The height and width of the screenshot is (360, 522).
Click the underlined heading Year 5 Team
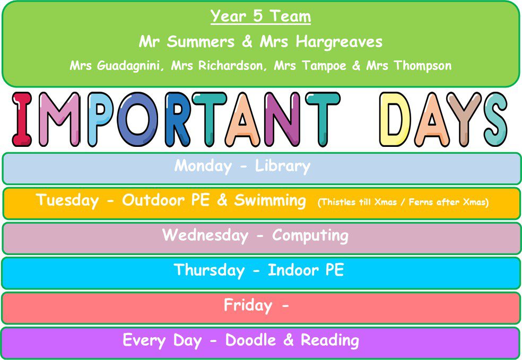tap(260, 16)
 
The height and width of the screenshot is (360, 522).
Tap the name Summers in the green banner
tap(201, 42)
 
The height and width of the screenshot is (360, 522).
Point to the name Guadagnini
tap(128, 66)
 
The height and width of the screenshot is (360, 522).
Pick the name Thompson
tap(423, 66)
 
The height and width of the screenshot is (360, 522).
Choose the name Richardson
tap(230, 66)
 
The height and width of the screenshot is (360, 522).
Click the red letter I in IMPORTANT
tap(22, 119)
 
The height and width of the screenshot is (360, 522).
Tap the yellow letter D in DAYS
tap(395, 119)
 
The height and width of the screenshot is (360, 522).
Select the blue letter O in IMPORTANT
tap(138, 119)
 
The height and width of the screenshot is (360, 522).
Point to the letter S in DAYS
tap(495, 119)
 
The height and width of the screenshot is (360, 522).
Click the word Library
tap(283, 166)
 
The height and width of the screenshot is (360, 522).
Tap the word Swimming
tap(270, 201)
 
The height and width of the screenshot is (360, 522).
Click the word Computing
tap(310, 235)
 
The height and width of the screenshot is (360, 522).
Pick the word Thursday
tap(210, 270)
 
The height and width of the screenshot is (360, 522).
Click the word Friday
tap(248, 305)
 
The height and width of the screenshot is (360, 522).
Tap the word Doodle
tap(251, 340)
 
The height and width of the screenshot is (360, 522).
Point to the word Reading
tap(330, 340)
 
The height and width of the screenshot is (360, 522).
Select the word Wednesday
tap(205, 235)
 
